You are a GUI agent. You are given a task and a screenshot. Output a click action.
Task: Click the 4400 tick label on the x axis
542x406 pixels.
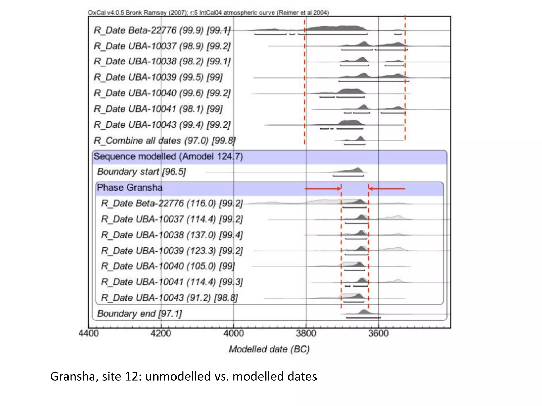(x=89, y=333)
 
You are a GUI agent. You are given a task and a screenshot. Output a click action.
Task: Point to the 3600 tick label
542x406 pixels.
(x=378, y=333)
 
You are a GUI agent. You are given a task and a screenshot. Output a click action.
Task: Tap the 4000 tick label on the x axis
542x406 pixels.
(x=233, y=333)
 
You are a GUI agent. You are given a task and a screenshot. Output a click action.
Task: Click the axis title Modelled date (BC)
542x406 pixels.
(x=269, y=349)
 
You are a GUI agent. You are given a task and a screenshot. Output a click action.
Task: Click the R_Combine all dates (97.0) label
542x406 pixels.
(x=164, y=140)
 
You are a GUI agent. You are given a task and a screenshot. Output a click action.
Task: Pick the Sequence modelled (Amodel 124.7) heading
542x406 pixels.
(x=168, y=156)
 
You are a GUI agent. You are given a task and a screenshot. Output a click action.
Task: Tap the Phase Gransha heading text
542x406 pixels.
(x=130, y=188)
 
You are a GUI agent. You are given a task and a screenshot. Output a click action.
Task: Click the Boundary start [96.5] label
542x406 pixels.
(x=141, y=172)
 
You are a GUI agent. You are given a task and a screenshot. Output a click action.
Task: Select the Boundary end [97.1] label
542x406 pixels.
(x=139, y=314)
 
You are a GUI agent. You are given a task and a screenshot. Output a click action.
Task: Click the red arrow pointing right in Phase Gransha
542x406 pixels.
(x=323, y=188)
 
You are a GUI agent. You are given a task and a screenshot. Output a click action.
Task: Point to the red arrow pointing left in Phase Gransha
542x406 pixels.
(x=387, y=188)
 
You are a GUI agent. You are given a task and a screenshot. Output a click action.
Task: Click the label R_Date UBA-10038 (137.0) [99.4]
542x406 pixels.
(x=172, y=235)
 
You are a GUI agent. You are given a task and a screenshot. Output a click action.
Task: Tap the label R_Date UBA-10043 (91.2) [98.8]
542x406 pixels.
(x=169, y=298)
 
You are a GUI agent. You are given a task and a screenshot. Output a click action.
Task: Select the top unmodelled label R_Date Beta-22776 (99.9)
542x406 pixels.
(x=162, y=30)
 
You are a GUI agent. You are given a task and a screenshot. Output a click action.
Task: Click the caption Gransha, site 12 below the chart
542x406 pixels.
(x=183, y=376)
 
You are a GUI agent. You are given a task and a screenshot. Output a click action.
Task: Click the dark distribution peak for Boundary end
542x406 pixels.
(x=364, y=312)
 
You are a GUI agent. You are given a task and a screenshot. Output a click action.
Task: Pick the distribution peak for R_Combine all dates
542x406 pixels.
(x=360, y=139)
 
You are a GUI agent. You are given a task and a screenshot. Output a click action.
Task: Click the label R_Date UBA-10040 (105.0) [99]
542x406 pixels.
(x=168, y=266)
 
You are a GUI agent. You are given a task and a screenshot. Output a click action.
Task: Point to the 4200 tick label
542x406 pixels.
(x=161, y=333)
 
